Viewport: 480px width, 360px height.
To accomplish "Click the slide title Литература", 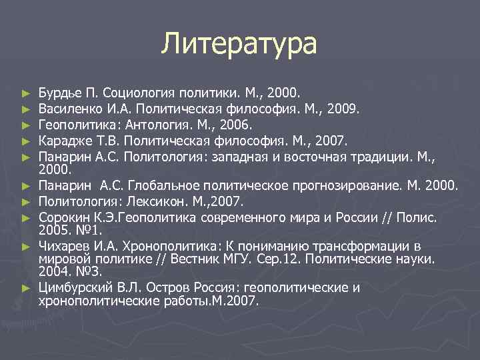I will pos(240,45).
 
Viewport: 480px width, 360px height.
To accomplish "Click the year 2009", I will pos(341,107).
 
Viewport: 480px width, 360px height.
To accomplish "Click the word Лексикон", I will pos(159,201).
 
